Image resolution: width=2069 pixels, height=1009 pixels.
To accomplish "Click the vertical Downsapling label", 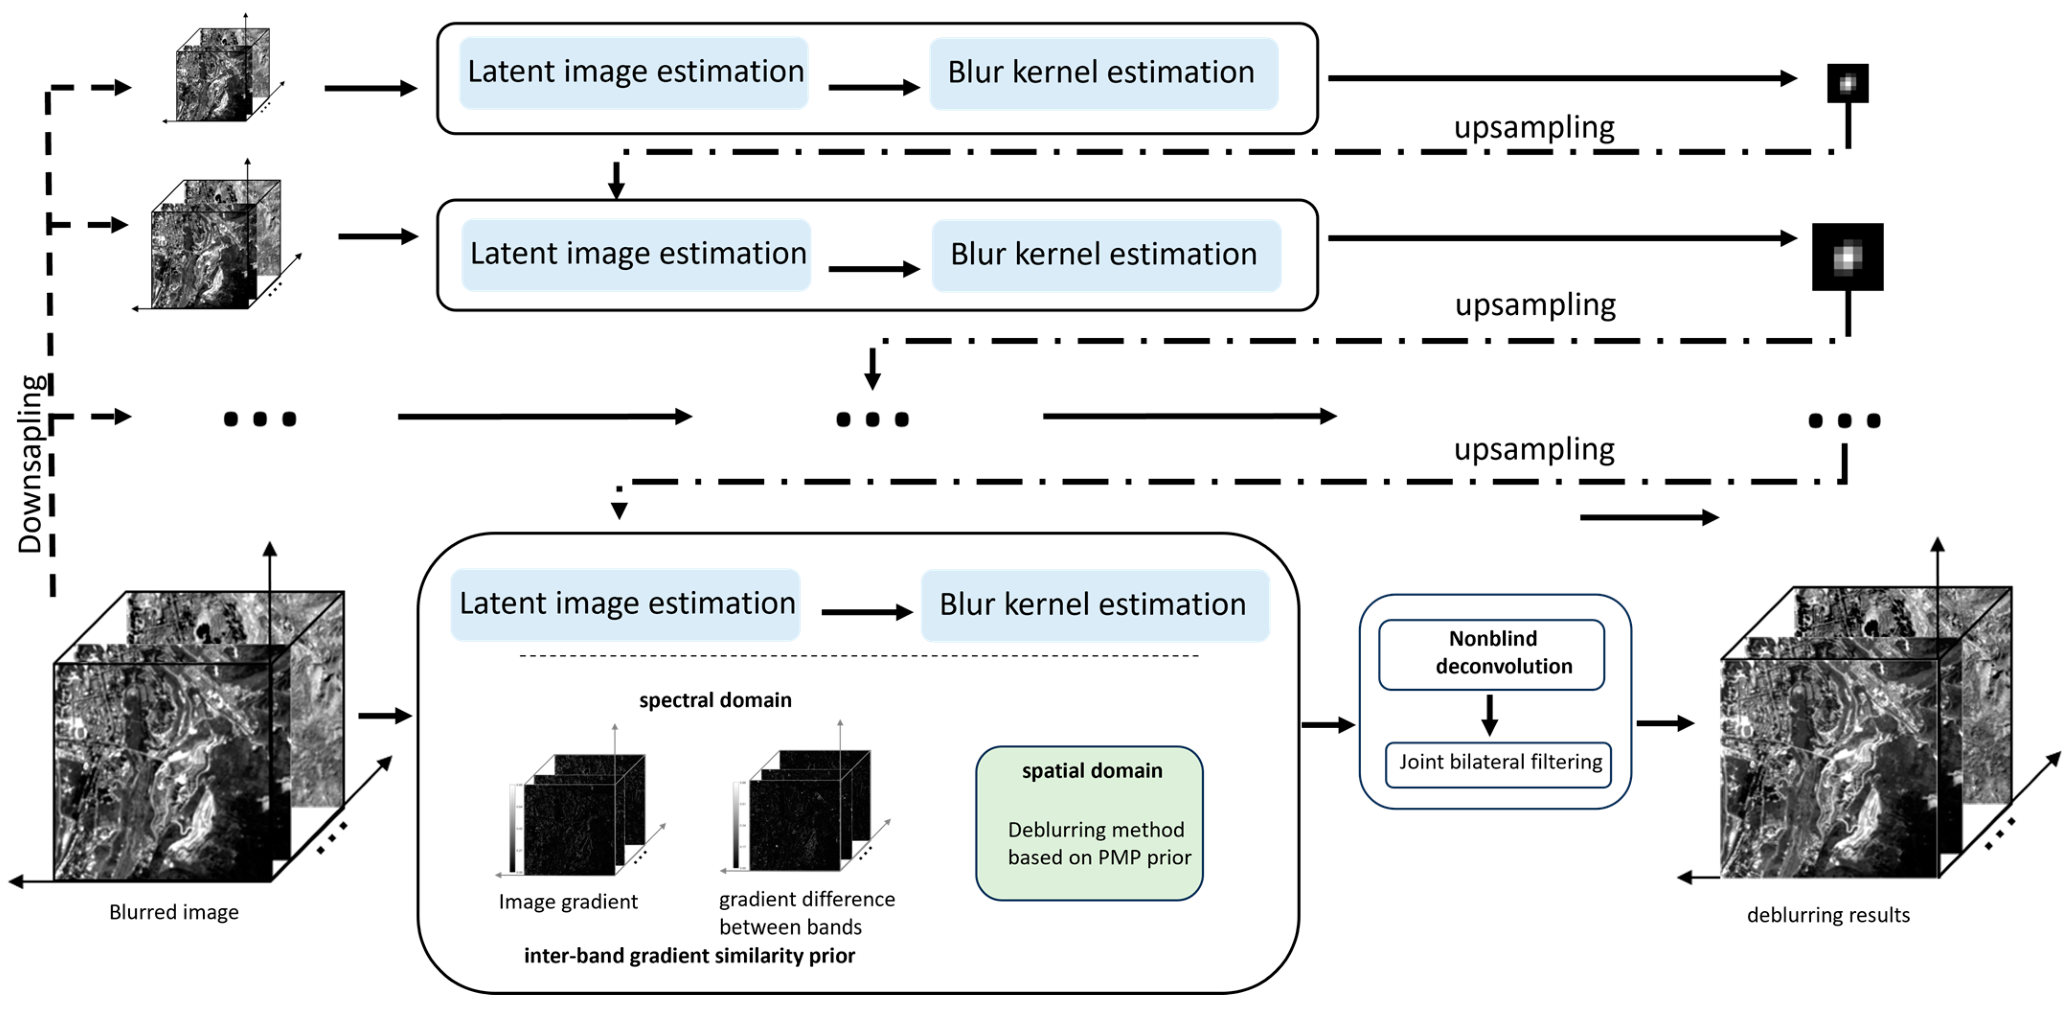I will tap(31, 464).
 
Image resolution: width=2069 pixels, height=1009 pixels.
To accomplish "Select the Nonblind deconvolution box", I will tap(1491, 653).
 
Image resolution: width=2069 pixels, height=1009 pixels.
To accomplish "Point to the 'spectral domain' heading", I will tap(715, 699).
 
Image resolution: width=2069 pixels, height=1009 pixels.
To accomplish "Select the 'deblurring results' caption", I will tap(1828, 915).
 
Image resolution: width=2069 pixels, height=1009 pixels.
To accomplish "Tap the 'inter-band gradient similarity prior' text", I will tap(689, 956).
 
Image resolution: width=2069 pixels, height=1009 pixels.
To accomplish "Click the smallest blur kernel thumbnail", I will tap(1847, 83).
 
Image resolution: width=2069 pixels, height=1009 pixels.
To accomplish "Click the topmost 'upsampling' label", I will tap(1534, 127).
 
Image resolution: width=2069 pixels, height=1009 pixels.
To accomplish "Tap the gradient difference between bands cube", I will tap(803, 812).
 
